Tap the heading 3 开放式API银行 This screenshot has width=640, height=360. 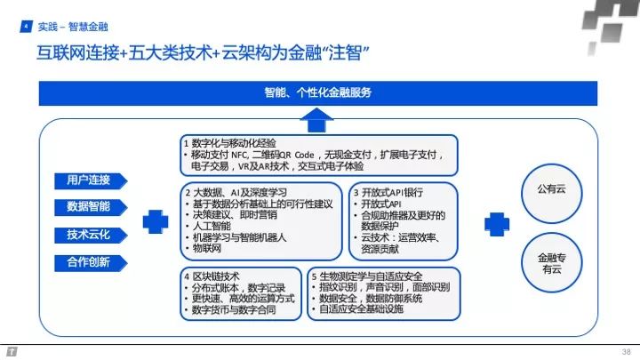pyautogui.click(x=388, y=191)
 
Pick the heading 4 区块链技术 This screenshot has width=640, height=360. pyautogui.click(x=218, y=276)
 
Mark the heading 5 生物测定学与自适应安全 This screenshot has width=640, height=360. pyautogui.click(x=377, y=276)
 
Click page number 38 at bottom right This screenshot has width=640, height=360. pyautogui.click(x=626, y=350)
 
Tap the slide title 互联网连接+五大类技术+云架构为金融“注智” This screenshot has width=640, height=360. pyautogui.click(x=197, y=51)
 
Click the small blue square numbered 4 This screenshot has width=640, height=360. pyautogui.click(x=26, y=28)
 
